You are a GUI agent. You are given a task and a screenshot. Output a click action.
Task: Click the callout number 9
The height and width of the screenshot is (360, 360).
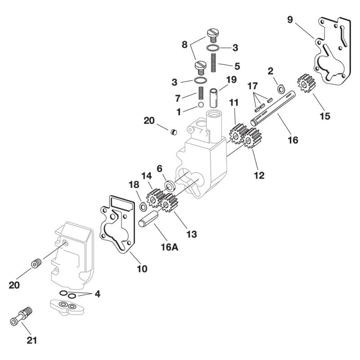pyautogui.click(x=290, y=19)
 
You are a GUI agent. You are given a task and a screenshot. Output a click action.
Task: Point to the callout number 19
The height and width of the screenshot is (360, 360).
pyautogui.click(x=231, y=80)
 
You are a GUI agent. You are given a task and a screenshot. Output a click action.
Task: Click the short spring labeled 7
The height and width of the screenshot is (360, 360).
pyautogui.click(x=201, y=95)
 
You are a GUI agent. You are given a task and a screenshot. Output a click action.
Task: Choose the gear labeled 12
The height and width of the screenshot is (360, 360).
pyautogui.click(x=253, y=139)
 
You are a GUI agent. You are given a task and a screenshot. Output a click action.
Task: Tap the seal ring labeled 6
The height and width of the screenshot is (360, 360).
pyautogui.click(x=171, y=185)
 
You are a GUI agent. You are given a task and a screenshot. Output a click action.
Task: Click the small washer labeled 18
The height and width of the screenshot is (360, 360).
pyautogui.click(x=142, y=206)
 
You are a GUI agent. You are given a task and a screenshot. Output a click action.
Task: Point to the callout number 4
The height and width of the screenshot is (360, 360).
pyautogui.click(x=97, y=294)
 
